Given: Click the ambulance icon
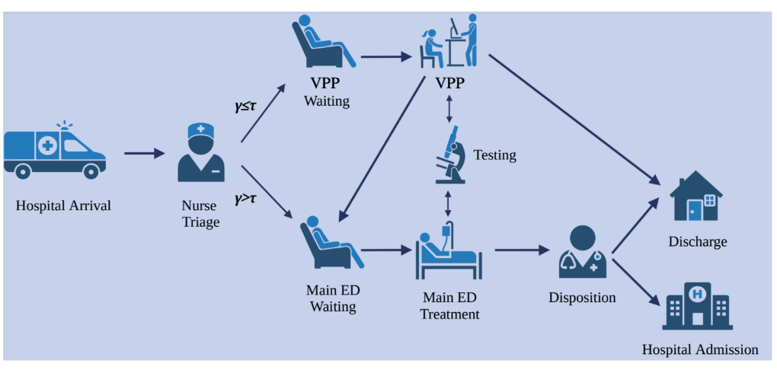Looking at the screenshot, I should click(54, 150).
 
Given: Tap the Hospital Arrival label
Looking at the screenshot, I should click(63, 206).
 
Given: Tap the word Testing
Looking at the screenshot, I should click(494, 155).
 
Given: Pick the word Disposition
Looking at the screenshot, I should click(582, 298).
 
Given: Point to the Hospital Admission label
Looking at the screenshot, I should click(700, 350).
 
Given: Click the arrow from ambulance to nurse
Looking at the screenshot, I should click(144, 154).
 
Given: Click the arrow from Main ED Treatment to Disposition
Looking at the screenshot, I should click(522, 249).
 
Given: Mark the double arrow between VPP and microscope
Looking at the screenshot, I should click(450, 107).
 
